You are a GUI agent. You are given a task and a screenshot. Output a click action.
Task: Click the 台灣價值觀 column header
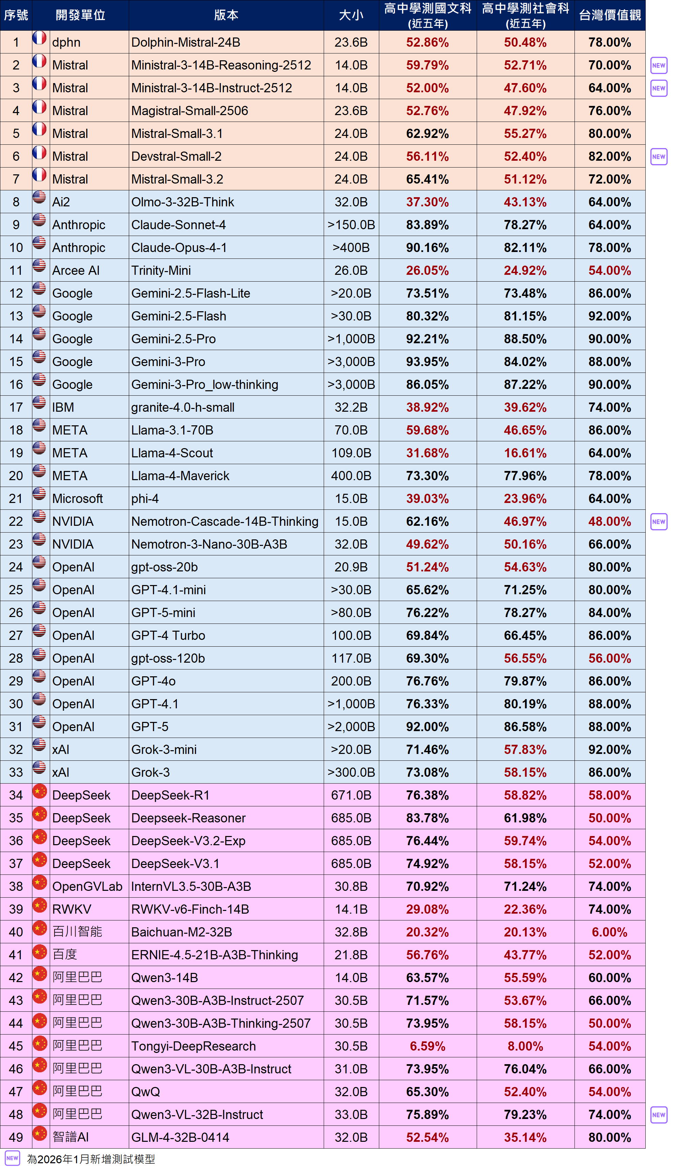[x=610, y=15]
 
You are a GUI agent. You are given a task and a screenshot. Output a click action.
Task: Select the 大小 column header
[x=351, y=15]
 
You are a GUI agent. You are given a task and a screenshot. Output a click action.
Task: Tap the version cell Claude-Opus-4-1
[x=179, y=248]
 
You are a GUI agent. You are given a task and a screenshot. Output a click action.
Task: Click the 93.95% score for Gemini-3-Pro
[x=427, y=362]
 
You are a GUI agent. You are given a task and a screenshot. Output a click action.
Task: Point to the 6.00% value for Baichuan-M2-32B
[x=609, y=932]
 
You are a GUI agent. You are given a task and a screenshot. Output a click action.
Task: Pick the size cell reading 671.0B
[x=351, y=795]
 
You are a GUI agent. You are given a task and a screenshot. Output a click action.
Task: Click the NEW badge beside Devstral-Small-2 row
[x=658, y=157]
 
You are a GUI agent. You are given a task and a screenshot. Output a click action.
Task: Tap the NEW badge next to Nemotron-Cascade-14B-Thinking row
[x=658, y=521]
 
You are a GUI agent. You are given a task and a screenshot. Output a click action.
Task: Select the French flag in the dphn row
[x=40, y=38]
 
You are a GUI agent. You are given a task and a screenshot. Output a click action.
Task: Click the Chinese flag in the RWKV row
[x=40, y=905]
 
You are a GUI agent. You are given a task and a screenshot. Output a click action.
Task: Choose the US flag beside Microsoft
[x=40, y=494]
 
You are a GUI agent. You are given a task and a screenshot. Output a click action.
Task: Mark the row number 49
[x=16, y=1137]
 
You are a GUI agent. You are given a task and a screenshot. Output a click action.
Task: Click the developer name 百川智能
[x=77, y=932]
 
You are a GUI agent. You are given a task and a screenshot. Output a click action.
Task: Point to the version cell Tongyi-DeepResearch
[x=193, y=1046]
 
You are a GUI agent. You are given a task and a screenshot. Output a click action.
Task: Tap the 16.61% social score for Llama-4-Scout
[x=525, y=453]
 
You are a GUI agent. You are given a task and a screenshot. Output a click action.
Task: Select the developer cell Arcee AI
[x=76, y=270]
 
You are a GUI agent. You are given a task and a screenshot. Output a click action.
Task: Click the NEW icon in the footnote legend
[x=13, y=1158]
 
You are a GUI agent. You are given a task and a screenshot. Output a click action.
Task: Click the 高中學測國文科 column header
[x=428, y=15]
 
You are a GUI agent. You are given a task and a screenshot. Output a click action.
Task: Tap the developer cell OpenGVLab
[x=87, y=886]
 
